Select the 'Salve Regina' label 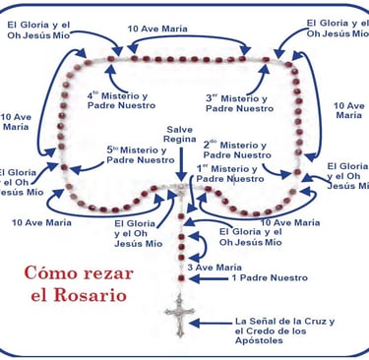(180, 135)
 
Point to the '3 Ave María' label (214, 267)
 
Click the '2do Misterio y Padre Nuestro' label (237, 149)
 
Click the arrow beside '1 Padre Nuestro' (211, 278)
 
